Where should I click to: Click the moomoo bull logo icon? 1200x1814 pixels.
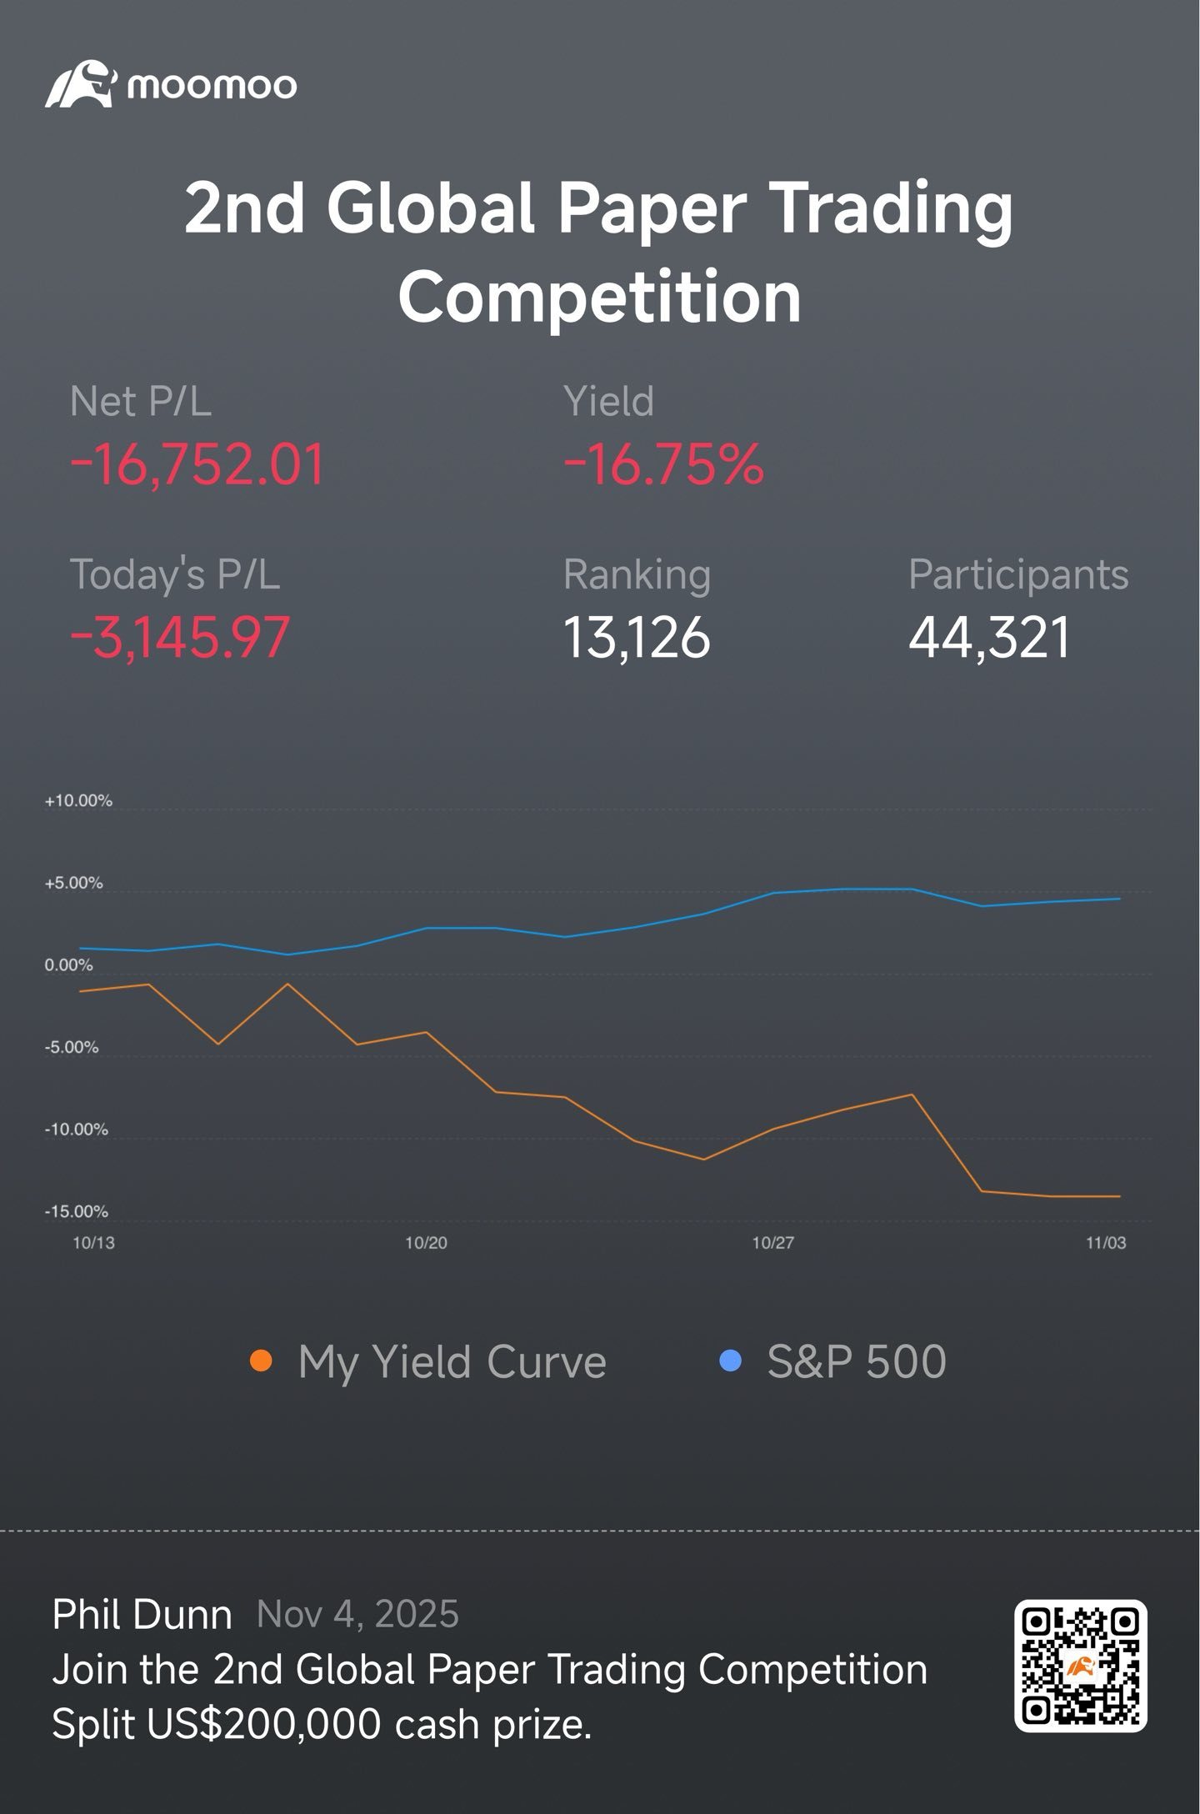coord(79,84)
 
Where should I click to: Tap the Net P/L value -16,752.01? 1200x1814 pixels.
coord(197,465)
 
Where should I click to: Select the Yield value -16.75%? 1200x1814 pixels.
coord(663,465)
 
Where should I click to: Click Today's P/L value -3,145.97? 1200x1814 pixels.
coord(180,638)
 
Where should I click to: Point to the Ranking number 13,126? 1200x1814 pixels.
coord(637,638)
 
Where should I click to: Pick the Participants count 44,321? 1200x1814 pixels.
coord(989,638)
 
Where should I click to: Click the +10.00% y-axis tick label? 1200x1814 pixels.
coord(78,800)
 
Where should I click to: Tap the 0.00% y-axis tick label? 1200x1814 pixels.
coord(68,965)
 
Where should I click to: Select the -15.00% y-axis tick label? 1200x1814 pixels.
coord(76,1211)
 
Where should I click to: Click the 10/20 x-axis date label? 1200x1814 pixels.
coord(426,1243)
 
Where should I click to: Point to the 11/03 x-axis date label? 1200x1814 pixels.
coord(1105,1243)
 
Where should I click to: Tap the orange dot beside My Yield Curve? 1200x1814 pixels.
coord(261,1361)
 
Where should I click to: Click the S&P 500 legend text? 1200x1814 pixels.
coord(856,1362)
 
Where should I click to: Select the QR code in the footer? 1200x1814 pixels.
coord(1080,1665)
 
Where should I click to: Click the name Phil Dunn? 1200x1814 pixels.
coord(142,1615)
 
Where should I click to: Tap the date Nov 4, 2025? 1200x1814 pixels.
coord(357,1615)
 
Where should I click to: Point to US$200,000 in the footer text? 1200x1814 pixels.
coord(263,1724)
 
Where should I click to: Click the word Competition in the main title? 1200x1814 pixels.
coord(599,298)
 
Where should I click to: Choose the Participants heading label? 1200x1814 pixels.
coord(1017,574)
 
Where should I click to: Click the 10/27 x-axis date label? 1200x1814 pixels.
coord(772,1243)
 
